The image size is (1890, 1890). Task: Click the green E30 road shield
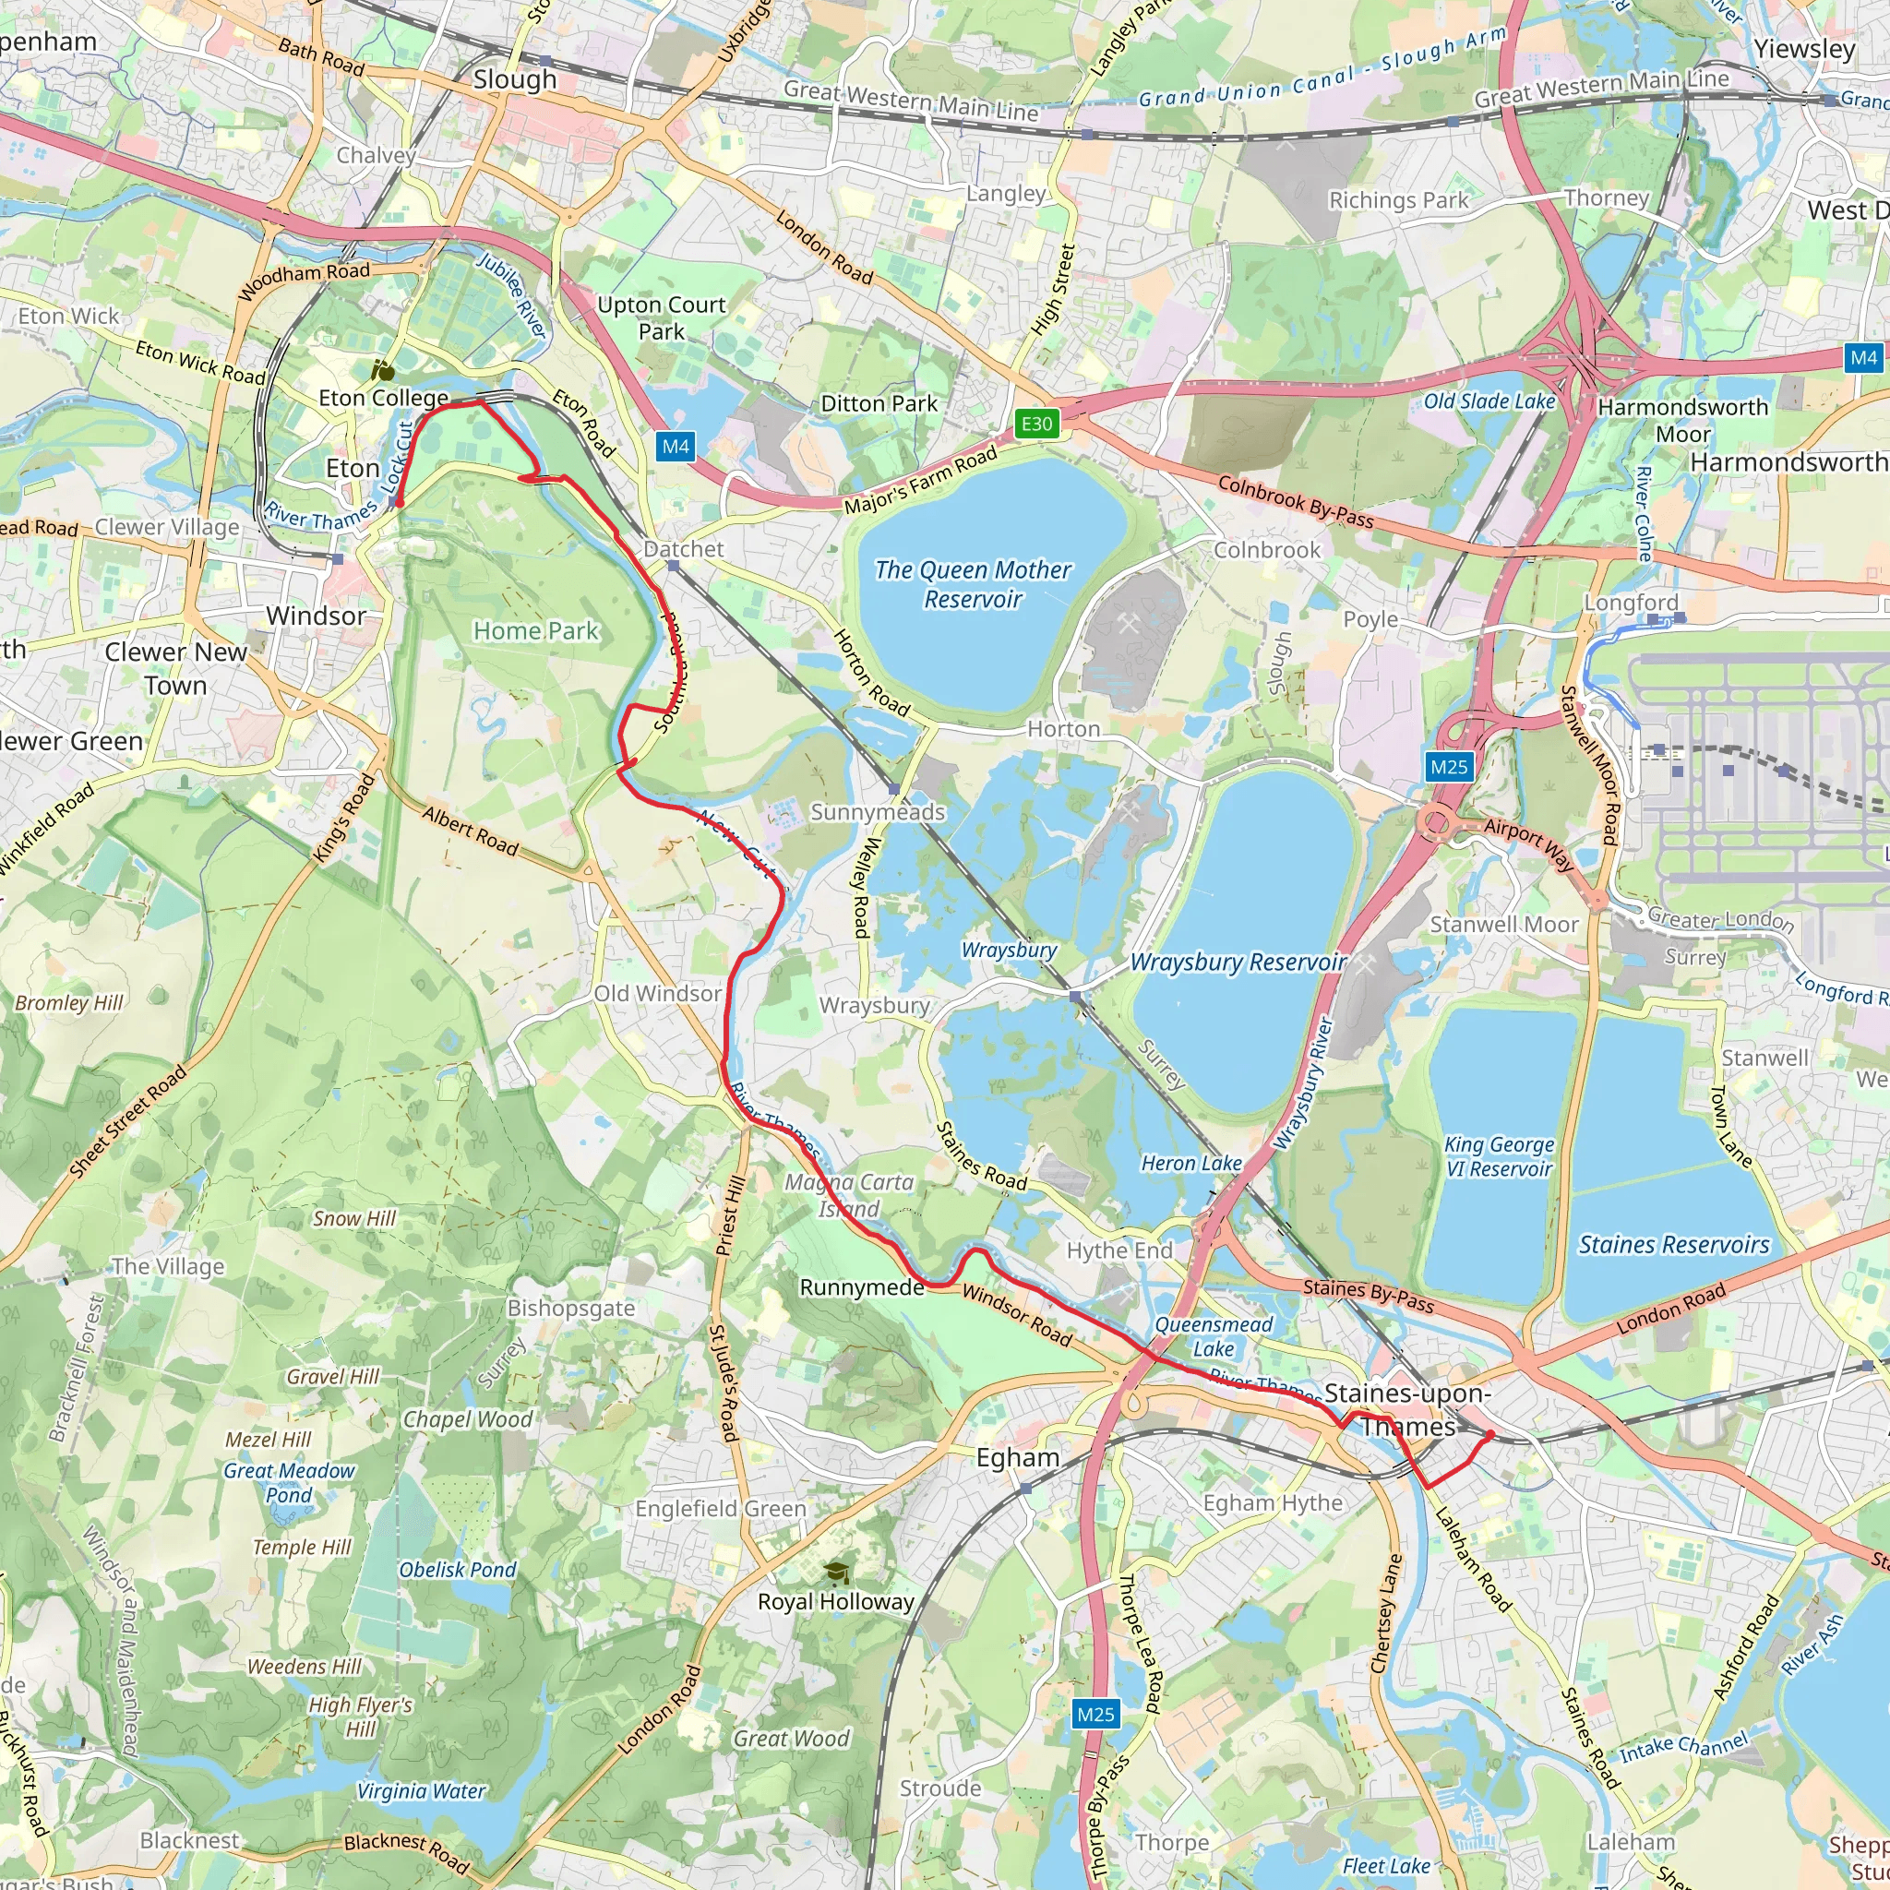tap(1036, 424)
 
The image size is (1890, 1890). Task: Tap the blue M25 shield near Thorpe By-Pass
tap(1095, 1714)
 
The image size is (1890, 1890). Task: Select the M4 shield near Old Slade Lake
tap(1863, 357)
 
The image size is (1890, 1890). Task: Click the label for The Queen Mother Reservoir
tap(973, 584)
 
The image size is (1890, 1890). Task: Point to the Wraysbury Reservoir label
tap(1238, 963)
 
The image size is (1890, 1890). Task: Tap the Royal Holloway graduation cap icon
tap(835, 1572)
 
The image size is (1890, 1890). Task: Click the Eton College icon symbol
tap(382, 371)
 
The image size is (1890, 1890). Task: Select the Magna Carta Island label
tap(849, 1195)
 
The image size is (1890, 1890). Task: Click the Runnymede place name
tap(862, 1287)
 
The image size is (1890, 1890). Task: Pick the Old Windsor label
tap(657, 993)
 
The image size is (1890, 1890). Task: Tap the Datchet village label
tap(684, 549)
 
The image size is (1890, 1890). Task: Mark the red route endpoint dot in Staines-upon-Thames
tap(1489, 1435)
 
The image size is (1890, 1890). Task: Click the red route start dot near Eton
tap(398, 502)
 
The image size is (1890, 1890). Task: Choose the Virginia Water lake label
tap(421, 1791)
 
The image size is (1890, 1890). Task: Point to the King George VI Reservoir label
tap(1499, 1156)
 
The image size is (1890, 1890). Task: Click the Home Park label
tap(535, 631)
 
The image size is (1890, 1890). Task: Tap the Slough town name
tap(515, 79)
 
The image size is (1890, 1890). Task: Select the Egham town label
tap(1017, 1457)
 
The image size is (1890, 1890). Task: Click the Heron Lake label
tap(1190, 1163)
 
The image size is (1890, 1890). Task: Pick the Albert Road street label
tap(471, 831)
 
